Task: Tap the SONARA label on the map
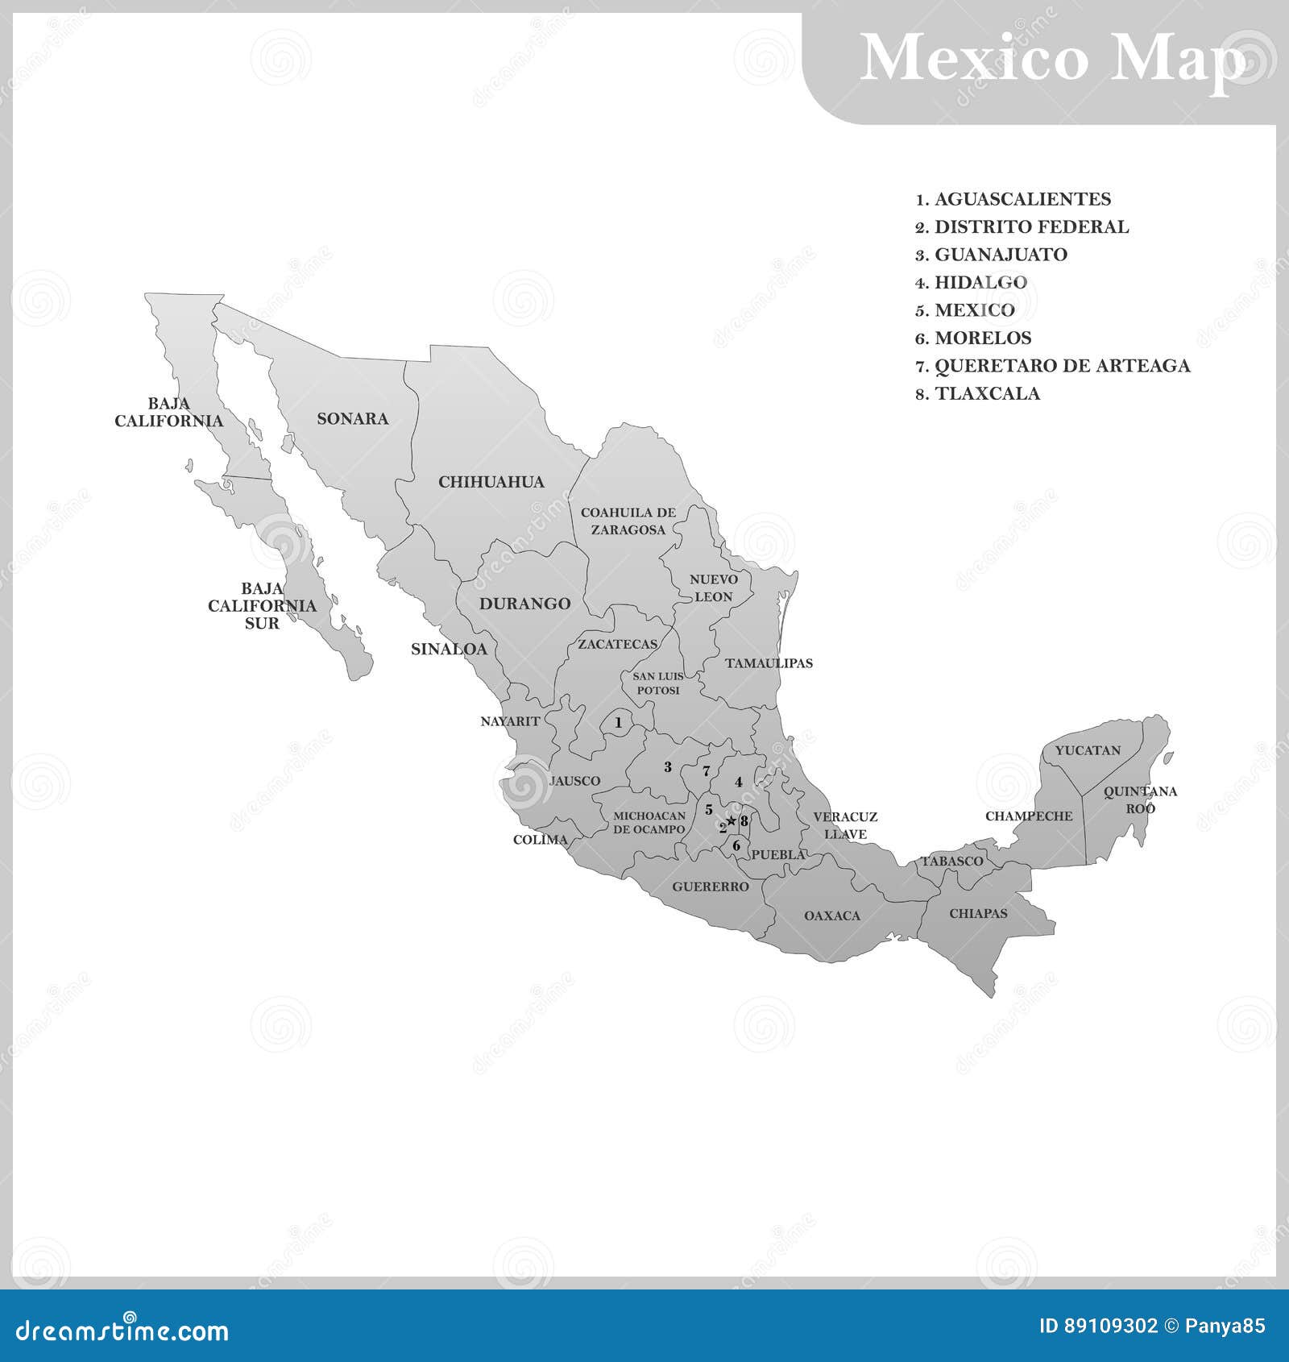pyautogui.click(x=352, y=418)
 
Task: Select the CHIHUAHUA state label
pyautogui.click(x=491, y=482)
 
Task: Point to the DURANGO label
pyautogui.click(x=524, y=604)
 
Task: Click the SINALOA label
pyautogui.click(x=449, y=649)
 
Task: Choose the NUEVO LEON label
pyautogui.click(x=713, y=588)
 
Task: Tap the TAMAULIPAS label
pyautogui.click(x=769, y=663)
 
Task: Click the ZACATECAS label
pyautogui.click(x=617, y=644)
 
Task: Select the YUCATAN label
pyautogui.click(x=1088, y=750)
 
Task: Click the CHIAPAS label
pyautogui.click(x=978, y=913)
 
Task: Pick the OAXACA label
pyautogui.click(x=832, y=916)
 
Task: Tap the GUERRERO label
pyautogui.click(x=711, y=887)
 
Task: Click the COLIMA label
pyautogui.click(x=541, y=840)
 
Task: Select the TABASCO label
pyautogui.click(x=952, y=861)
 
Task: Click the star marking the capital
pyautogui.click(x=732, y=821)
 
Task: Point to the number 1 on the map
pyautogui.click(x=618, y=723)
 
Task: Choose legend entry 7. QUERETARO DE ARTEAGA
pyautogui.click(x=1052, y=366)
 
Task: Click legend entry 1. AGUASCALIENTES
pyautogui.click(x=1013, y=199)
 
